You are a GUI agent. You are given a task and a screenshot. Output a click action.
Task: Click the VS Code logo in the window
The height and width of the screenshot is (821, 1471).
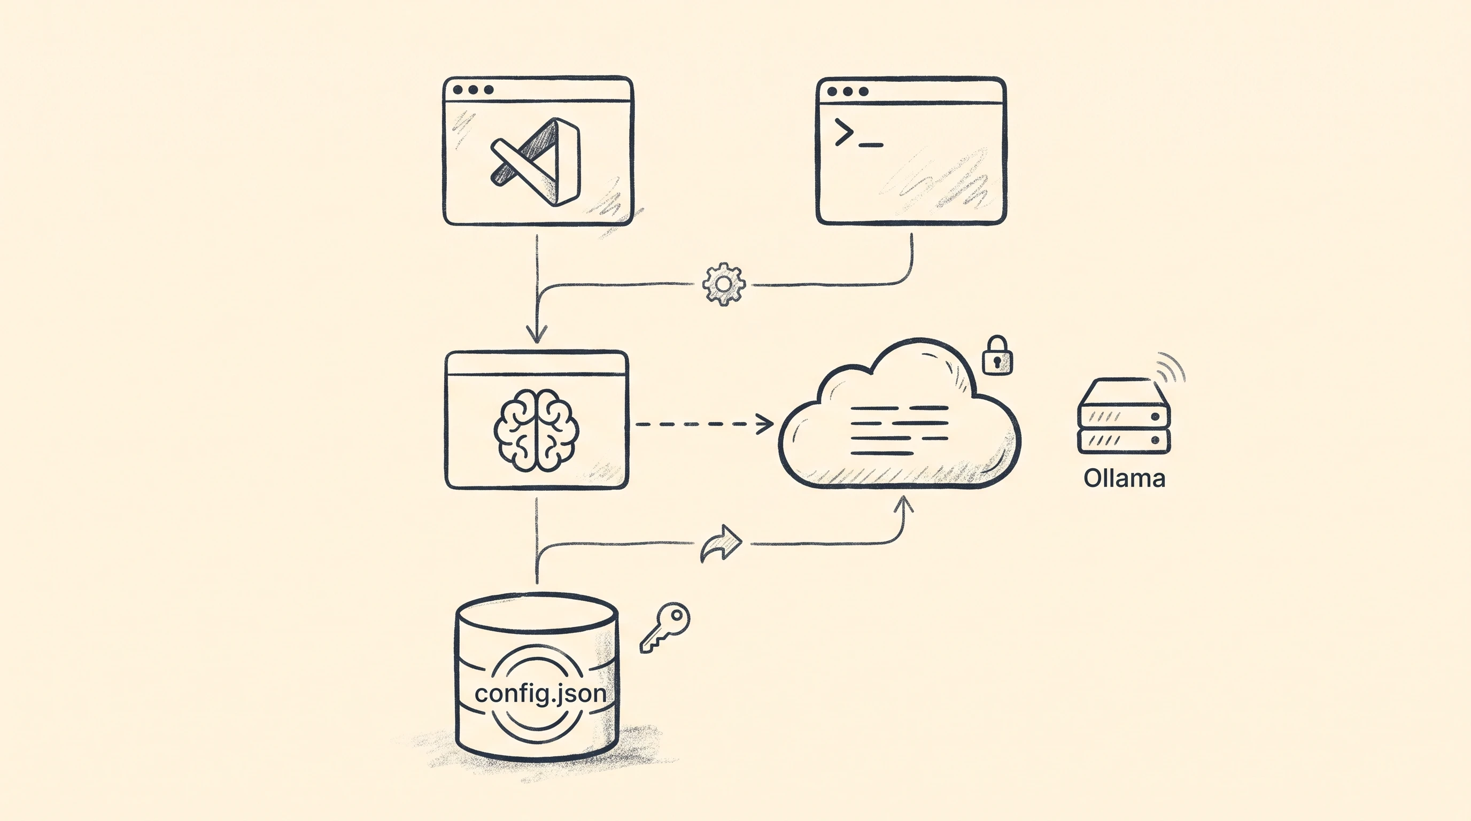(536, 161)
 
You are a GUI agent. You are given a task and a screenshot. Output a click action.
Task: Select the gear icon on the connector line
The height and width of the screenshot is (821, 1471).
(724, 284)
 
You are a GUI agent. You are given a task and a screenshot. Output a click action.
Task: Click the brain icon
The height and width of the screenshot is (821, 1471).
(536, 430)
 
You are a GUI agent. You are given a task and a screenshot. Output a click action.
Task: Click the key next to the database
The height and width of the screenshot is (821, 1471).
(665, 627)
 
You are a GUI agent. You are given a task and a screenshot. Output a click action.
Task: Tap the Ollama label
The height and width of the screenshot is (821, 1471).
(1124, 478)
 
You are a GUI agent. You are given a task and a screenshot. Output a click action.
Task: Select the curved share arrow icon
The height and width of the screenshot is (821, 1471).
(721, 543)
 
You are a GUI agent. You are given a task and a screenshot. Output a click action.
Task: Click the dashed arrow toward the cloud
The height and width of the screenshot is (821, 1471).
(704, 424)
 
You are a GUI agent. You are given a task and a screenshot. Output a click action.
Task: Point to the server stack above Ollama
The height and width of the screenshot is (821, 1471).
(1123, 416)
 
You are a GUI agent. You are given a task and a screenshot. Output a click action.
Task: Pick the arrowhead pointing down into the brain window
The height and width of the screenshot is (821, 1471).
(536, 334)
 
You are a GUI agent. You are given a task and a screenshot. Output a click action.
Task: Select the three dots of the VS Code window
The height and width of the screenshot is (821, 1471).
(473, 90)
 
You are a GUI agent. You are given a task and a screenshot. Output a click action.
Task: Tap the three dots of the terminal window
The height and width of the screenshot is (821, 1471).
(847, 91)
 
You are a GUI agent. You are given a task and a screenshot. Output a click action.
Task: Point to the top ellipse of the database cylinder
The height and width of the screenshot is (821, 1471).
(537, 613)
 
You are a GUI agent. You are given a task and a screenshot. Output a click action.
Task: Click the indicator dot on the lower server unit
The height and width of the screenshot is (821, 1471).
(1155, 439)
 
